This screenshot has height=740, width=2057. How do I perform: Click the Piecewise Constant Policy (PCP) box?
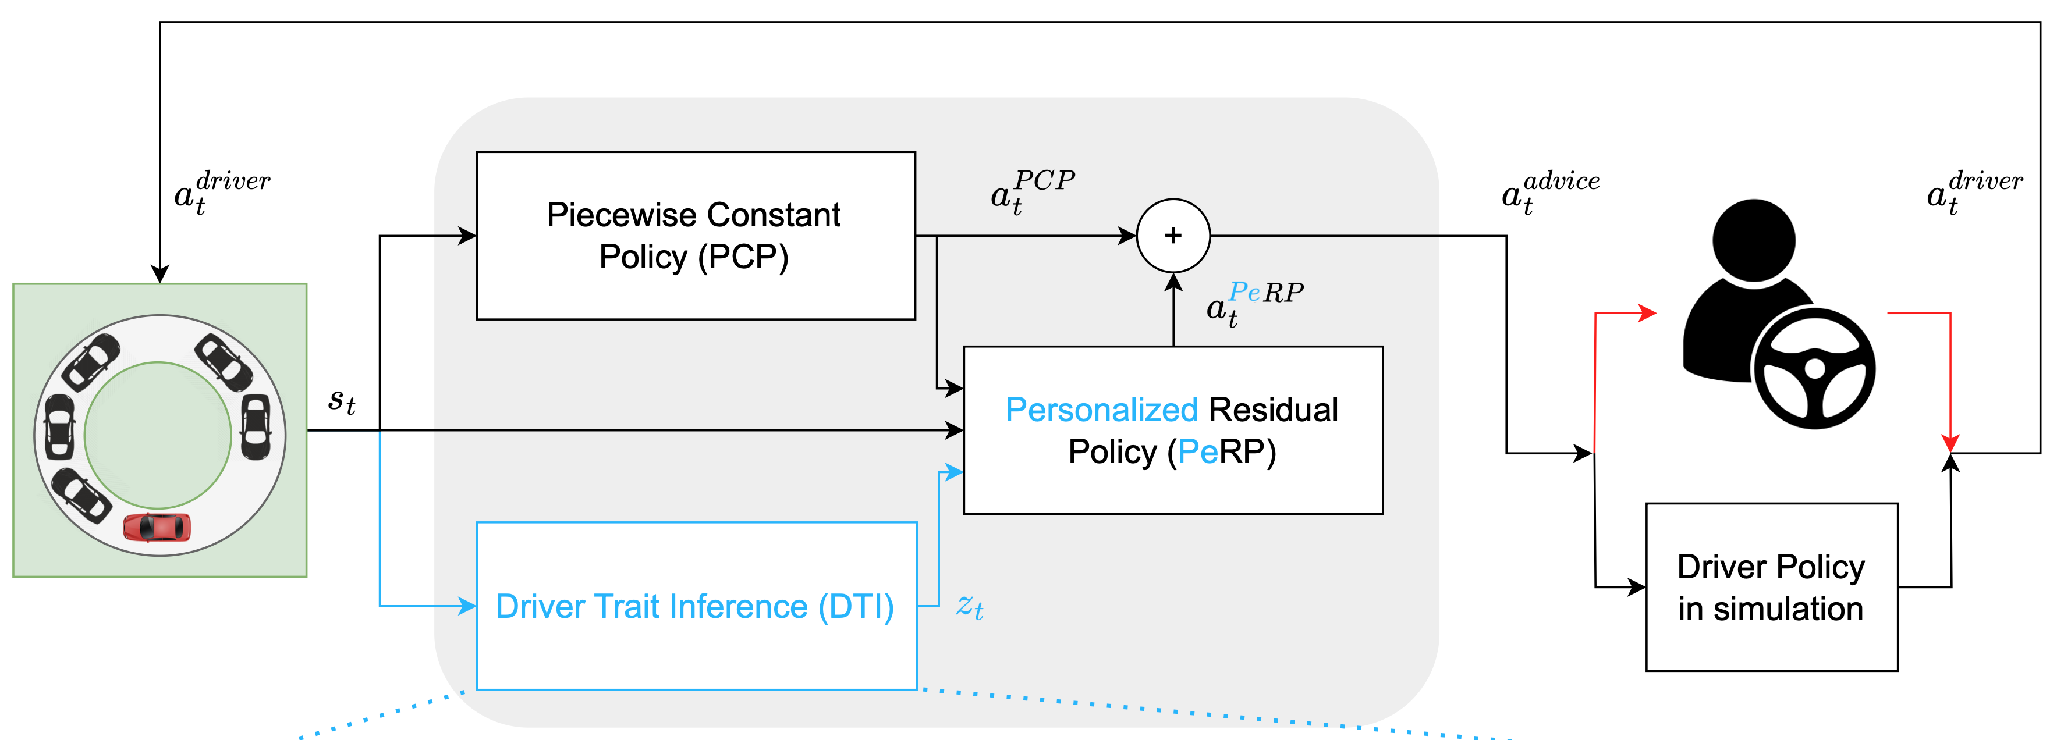(695, 236)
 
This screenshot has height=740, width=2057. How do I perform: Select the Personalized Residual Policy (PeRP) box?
(1172, 431)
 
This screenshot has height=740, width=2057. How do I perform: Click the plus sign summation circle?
(1172, 236)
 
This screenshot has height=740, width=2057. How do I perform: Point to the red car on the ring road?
(157, 528)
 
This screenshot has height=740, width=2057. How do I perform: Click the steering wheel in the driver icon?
(1814, 369)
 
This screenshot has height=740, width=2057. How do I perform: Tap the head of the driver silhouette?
(1754, 240)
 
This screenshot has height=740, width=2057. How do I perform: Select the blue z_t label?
(969, 607)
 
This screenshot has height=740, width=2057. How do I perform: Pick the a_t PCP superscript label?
(1031, 191)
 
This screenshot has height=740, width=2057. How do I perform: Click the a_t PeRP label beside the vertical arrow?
(1254, 303)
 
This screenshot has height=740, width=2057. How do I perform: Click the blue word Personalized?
(1100, 410)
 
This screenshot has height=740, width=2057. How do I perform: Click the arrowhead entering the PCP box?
(467, 236)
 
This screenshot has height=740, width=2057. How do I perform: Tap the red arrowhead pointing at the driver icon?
(1647, 313)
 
